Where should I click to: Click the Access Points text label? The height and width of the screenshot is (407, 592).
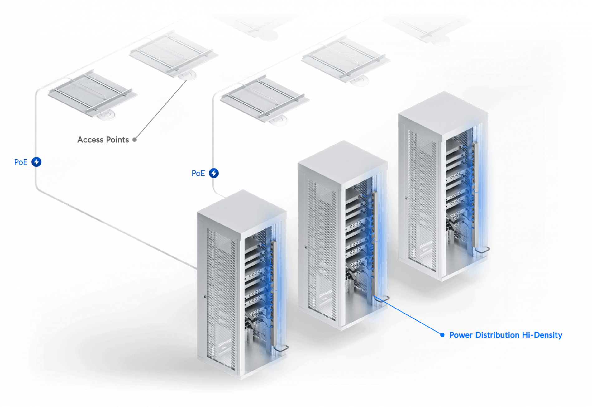[x=103, y=140]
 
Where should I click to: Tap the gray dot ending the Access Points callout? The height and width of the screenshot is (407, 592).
[x=135, y=140]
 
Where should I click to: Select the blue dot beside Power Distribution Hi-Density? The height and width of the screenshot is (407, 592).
[x=442, y=335]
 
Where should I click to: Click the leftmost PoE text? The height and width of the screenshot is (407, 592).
[x=21, y=162]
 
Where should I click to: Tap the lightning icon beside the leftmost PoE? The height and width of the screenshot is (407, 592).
[x=37, y=162]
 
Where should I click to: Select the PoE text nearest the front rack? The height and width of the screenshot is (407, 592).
[x=198, y=173]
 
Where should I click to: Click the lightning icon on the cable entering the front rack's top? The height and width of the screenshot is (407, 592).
[x=214, y=173]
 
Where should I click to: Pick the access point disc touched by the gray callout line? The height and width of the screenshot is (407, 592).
[x=188, y=76]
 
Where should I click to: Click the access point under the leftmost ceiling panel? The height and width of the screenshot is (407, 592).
[x=107, y=115]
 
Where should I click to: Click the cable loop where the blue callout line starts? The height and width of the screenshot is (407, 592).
[x=382, y=299]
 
